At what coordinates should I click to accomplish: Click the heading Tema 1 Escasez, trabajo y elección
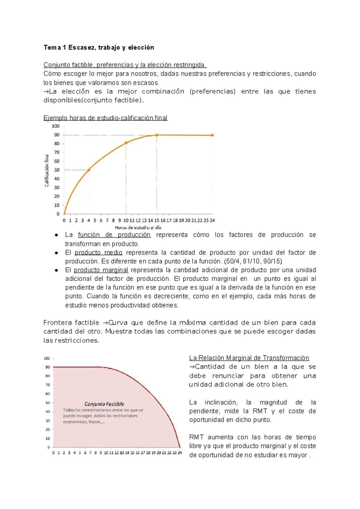[x=99, y=47]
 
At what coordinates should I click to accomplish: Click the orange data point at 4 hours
[x=88, y=170]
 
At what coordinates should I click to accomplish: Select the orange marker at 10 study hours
[x=126, y=143]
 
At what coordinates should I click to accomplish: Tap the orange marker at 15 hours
[x=157, y=135]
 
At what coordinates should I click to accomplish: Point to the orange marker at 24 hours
[x=212, y=135]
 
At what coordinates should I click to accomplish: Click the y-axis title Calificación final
[x=47, y=170]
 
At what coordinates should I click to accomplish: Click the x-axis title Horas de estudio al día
[x=138, y=228]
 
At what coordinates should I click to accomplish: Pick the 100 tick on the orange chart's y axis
[x=55, y=126]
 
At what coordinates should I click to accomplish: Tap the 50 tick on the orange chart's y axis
[x=56, y=170]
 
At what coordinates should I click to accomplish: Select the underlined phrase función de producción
[x=114, y=235]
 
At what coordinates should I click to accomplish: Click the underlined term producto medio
[x=98, y=253]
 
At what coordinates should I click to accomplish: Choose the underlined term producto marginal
[x=101, y=270]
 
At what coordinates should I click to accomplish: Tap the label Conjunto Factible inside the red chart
[x=104, y=404]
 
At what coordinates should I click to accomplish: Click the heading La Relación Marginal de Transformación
[x=249, y=358]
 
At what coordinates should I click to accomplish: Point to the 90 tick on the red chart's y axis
[x=47, y=367]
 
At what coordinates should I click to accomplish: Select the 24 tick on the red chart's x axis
[x=180, y=453]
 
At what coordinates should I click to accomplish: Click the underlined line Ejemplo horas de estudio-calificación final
[x=105, y=118]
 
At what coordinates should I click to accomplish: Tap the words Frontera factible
[x=71, y=323]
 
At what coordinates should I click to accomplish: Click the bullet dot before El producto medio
[x=56, y=253]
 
